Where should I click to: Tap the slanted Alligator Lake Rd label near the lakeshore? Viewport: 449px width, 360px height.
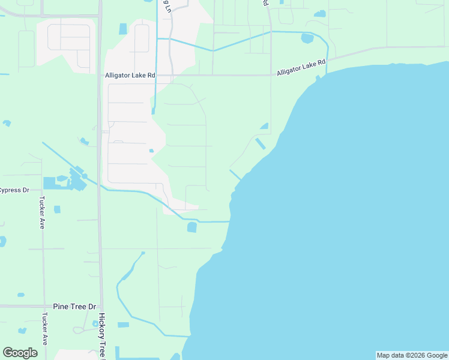(301, 67)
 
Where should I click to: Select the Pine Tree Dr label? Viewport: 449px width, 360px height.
(74, 306)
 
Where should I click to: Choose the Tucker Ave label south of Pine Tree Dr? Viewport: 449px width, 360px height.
(44, 328)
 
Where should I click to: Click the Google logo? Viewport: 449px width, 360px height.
(20, 353)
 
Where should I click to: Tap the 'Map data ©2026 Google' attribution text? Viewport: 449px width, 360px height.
(412, 355)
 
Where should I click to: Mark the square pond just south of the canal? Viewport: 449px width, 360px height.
(192, 227)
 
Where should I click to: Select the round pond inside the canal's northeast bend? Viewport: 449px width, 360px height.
(307, 39)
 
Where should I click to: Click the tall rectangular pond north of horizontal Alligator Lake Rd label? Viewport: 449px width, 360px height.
(123, 29)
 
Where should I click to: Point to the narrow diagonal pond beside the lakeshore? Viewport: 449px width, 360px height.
(261, 144)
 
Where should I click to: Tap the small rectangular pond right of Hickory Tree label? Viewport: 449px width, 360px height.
(123, 325)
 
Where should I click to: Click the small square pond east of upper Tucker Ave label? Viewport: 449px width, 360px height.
(57, 209)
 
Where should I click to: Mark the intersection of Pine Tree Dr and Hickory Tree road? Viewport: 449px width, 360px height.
(100, 306)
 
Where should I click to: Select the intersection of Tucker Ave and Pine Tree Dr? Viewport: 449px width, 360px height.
(43, 306)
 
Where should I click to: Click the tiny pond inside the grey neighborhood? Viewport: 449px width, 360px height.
(151, 151)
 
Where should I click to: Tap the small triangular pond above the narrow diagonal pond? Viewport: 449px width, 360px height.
(264, 126)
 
